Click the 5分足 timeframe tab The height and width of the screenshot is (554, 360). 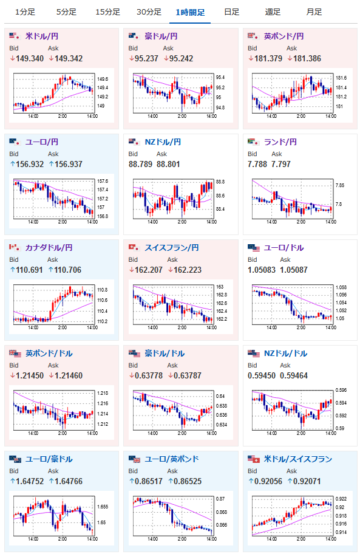(66, 12)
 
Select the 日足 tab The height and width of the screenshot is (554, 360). (231, 12)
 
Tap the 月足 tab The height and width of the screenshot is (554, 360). (314, 12)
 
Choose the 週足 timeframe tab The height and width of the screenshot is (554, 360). (273, 12)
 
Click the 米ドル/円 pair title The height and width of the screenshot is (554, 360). (42, 36)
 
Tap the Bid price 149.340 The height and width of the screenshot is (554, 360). (30, 59)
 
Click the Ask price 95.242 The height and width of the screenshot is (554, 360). (181, 59)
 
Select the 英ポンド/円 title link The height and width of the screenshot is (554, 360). (284, 36)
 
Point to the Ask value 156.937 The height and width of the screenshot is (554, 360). (69, 164)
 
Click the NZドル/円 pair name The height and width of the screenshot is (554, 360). (163, 142)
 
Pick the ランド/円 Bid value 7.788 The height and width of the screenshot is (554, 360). (257, 164)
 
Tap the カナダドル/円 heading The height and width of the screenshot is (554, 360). (49, 248)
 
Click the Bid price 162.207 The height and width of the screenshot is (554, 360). (149, 270)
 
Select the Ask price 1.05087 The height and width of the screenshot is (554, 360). (294, 270)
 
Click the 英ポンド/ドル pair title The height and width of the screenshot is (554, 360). (49, 354)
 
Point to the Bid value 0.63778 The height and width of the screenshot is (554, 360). (149, 375)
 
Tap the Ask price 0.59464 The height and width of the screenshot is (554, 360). (294, 375)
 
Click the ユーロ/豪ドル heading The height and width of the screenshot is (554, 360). (49, 459)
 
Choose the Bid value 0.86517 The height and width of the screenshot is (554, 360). (149, 481)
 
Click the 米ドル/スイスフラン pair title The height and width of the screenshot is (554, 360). (298, 459)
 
